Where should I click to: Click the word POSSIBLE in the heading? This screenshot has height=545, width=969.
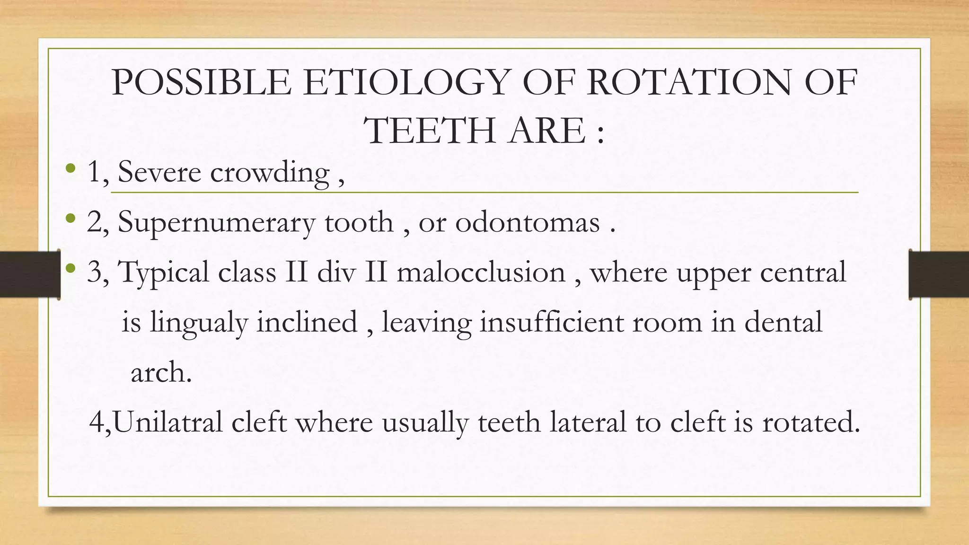[202, 83]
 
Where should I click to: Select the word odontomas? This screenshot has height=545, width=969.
[528, 222]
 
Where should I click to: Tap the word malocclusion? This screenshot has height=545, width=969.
[481, 273]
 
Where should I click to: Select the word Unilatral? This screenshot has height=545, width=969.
[168, 422]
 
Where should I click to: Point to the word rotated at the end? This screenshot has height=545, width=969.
[810, 422]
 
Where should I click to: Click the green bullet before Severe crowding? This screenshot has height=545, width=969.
[70, 168]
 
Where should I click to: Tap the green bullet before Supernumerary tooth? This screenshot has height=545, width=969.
[70, 218]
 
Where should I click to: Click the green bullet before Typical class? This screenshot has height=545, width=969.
[70, 269]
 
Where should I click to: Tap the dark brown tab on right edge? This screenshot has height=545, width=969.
[939, 274]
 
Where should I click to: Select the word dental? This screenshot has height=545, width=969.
[783, 323]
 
